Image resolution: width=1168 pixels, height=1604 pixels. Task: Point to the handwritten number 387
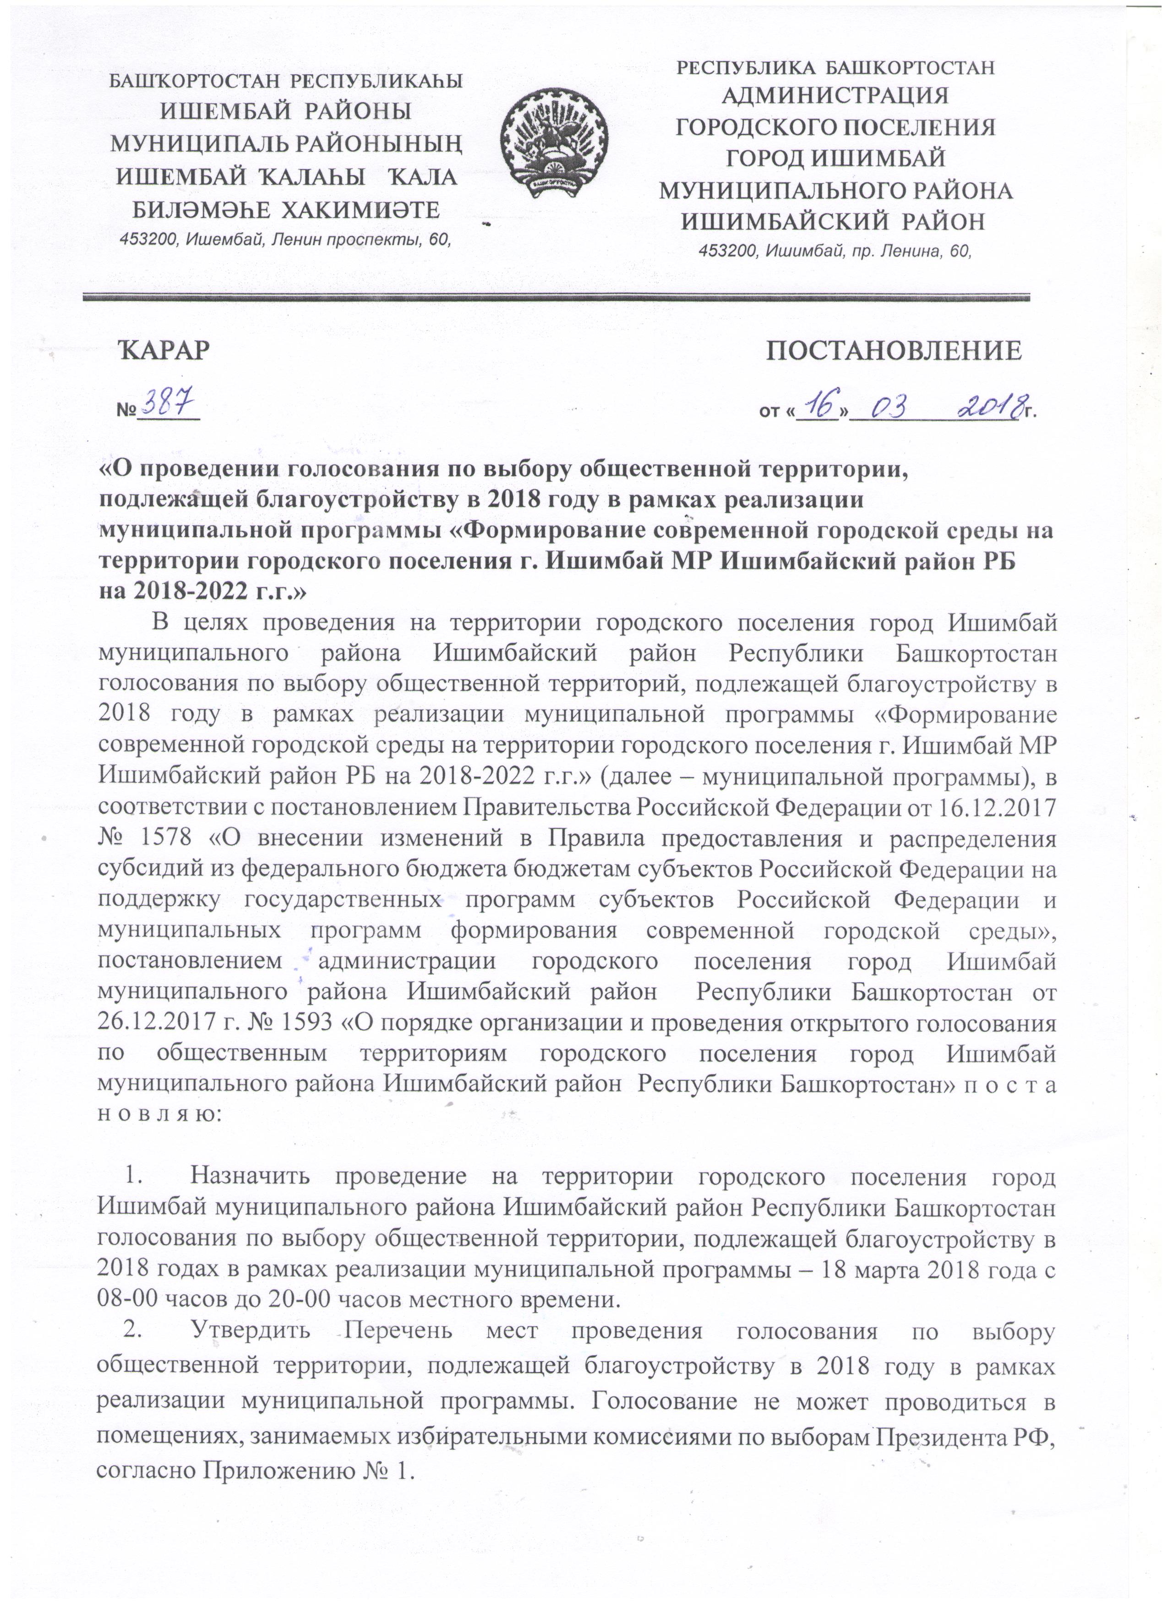169,405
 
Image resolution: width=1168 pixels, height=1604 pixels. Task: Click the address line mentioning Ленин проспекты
286,240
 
